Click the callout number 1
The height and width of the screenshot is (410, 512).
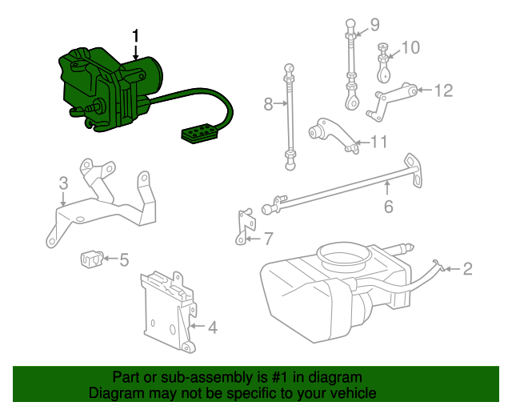[x=136, y=36]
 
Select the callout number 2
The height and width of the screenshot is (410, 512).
[x=467, y=269]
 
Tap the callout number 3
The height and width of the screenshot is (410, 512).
[x=63, y=185]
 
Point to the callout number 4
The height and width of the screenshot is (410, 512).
[x=211, y=328]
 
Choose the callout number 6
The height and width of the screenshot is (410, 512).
[x=388, y=207]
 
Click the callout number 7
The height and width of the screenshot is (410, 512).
[x=268, y=238]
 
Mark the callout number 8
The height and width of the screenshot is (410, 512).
[x=269, y=103]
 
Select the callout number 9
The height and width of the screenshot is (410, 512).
[x=374, y=24]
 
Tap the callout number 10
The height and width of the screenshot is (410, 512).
[x=410, y=47]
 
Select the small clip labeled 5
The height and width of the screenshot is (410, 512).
[x=93, y=259]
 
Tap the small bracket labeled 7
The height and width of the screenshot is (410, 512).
[x=243, y=226]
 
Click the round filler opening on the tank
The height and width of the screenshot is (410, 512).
[x=344, y=256]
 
